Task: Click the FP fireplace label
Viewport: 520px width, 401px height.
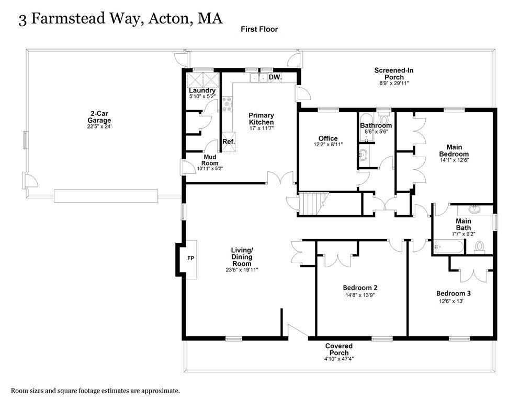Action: [191, 258]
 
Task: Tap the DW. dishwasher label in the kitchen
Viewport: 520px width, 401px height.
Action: [275, 77]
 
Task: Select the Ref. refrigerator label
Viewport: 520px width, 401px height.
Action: [229, 141]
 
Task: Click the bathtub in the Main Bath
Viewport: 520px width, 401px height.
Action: [448, 247]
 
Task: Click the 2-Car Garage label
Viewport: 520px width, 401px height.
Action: [99, 117]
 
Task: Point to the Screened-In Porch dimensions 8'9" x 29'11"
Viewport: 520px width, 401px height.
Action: [394, 84]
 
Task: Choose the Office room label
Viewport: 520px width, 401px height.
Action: [328, 138]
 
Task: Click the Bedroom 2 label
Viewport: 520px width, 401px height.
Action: [360, 287]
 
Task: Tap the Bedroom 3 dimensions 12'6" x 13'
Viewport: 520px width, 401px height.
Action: [451, 301]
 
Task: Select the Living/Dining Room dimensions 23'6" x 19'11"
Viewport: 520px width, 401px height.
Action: [242, 270]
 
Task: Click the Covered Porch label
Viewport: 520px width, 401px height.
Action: [339, 349]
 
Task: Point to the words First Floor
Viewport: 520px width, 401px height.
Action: [259, 29]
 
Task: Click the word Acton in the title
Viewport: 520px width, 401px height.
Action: [168, 19]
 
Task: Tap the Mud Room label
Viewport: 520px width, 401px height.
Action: [210, 160]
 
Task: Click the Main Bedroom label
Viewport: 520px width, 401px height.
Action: [454, 150]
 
